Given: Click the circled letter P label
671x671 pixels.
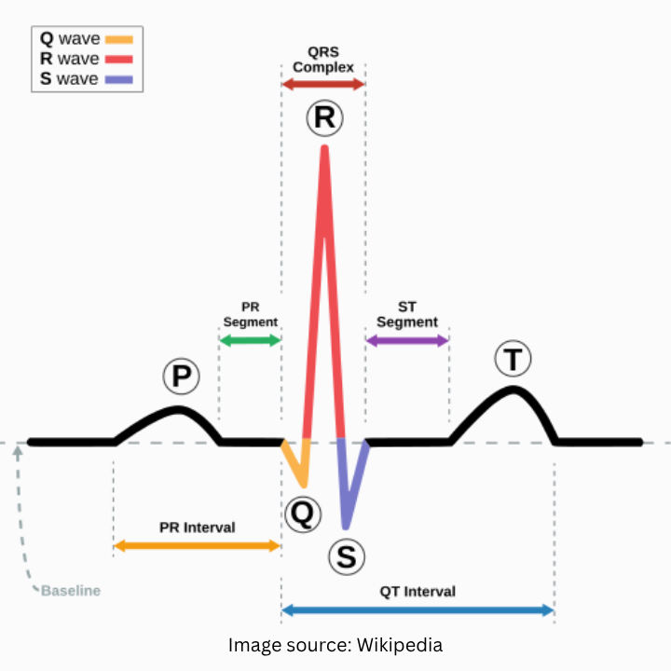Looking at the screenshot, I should [182, 377].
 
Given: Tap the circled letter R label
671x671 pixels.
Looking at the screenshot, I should [324, 118].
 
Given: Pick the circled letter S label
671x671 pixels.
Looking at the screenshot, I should [346, 557].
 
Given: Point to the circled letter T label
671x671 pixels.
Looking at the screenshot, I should [513, 359].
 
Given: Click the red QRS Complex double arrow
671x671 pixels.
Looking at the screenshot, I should [323, 85].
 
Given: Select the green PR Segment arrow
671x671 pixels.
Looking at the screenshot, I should [249, 340].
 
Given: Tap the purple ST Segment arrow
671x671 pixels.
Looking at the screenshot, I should [407, 340].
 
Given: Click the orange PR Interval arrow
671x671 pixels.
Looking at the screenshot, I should [197, 545].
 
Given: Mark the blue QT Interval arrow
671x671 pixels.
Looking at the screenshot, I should [418, 610].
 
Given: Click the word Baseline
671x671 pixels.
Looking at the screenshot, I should [71, 591].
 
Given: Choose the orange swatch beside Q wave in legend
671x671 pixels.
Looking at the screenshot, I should [119, 40].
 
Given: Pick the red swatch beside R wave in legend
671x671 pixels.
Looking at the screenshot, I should [119, 60].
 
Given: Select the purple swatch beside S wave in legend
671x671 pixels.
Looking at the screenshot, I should [119, 79].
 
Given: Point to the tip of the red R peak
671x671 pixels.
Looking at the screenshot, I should [324, 149].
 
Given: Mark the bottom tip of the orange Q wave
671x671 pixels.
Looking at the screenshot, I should [303, 484].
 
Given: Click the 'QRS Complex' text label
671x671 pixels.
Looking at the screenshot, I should [323, 61].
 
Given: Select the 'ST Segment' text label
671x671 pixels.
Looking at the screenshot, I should [407, 314].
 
